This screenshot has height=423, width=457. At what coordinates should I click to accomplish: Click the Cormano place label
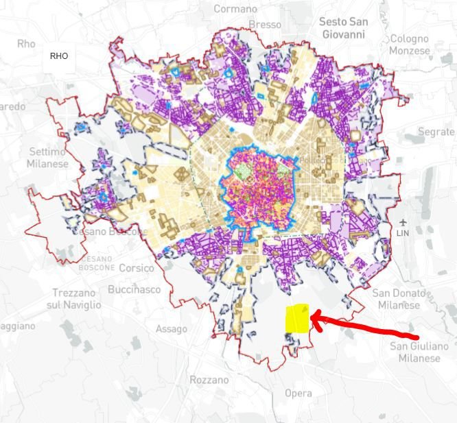(235, 9)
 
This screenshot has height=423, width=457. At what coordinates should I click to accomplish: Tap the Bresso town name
(265, 24)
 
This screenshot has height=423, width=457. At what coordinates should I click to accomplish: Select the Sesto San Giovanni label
(343, 27)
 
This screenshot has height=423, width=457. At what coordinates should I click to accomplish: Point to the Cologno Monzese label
(409, 45)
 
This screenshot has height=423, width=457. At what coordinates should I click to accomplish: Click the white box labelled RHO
(59, 56)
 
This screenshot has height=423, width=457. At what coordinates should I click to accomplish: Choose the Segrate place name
(436, 131)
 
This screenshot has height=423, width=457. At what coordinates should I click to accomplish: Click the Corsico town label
(137, 268)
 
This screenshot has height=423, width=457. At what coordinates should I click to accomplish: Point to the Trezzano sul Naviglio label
(76, 298)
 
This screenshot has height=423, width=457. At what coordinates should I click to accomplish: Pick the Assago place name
(171, 329)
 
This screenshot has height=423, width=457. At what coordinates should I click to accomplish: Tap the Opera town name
(298, 394)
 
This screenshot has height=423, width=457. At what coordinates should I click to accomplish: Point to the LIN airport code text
(403, 234)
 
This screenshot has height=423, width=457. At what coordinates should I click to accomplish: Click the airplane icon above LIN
(402, 222)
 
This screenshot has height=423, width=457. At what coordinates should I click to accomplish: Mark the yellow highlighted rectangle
(298, 318)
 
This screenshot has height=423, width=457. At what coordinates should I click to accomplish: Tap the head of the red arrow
(314, 316)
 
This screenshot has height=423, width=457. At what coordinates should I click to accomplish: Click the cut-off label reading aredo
(12, 106)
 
